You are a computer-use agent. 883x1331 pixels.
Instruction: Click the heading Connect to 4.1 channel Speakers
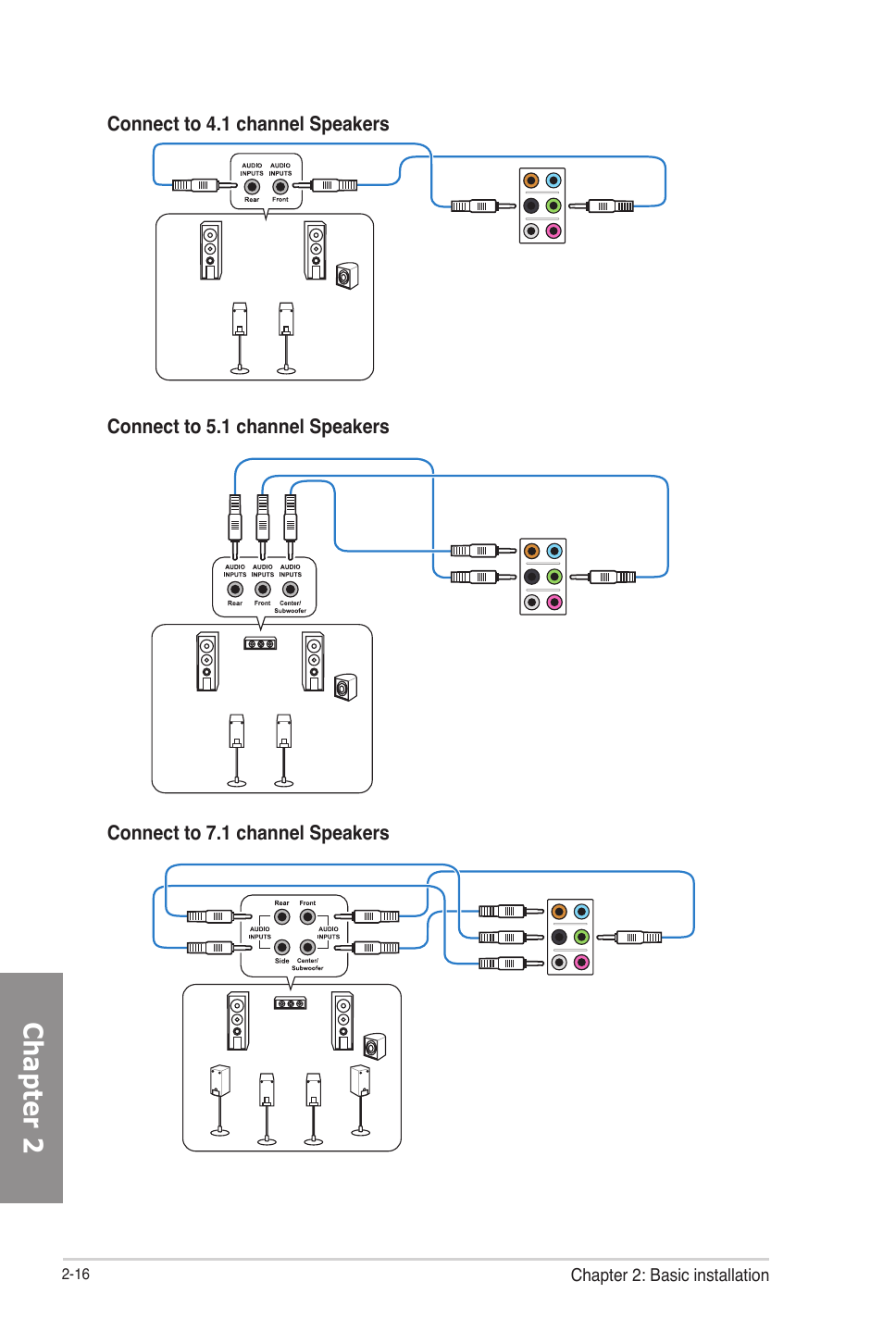click(x=248, y=124)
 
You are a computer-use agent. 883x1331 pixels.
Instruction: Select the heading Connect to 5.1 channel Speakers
click(x=248, y=427)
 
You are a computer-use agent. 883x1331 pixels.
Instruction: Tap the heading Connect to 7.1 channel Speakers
click(x=248, y=833)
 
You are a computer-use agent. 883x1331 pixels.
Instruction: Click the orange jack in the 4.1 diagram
click(x=531, y=180)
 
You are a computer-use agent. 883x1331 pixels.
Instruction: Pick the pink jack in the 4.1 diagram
click(x=553, y=231)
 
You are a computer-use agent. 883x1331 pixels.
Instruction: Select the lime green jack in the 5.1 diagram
click(x=554, y=577)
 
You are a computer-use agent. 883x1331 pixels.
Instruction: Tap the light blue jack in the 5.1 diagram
click(x=554, y=551)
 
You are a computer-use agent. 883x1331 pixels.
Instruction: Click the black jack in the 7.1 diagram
click(x=559, y=937)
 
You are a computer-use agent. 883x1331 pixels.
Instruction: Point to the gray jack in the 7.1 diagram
click(x=559, y=963)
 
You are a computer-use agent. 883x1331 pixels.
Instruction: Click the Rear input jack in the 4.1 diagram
click(x=252, y=187)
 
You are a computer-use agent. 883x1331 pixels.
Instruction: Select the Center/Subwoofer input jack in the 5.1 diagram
click(x=290, y=590)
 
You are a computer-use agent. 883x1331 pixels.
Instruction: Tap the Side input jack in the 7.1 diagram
click(x=282, y=947)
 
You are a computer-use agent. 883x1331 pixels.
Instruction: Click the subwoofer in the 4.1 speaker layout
click(x=347, y=276)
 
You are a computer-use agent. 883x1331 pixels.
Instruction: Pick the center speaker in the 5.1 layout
click(x=260, y=643)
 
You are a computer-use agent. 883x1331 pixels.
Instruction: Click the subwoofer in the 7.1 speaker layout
click(x=374, y=1046)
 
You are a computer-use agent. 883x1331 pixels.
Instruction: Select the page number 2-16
click(x=76, y=1274)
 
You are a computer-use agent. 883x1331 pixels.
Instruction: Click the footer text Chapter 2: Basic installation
click(x=670, y=1275)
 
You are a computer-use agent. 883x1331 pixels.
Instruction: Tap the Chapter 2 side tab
click(x=31, y=1088)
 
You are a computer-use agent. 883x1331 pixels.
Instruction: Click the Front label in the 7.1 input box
click(x=307, y=903)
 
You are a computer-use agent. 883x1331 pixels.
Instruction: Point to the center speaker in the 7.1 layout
click(x=291, y=1003)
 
